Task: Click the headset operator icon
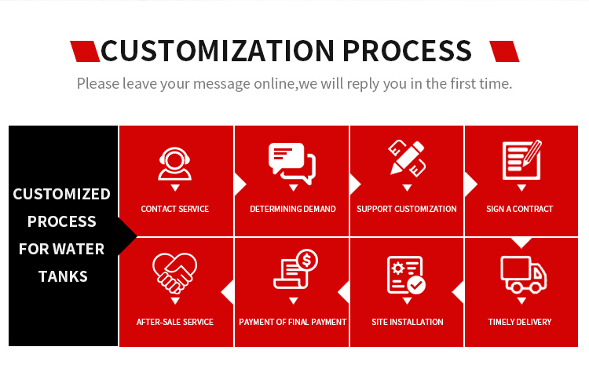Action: (174, 164)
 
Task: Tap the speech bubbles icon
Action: (292, 163)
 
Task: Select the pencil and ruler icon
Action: (407, 158)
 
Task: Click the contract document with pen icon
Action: (521, 160)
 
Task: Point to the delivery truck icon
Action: (523, 275)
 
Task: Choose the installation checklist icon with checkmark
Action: (406, 275)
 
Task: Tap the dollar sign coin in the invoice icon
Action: (307, 260)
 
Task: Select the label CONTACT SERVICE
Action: (174, 209)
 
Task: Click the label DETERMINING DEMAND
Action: (293, 209)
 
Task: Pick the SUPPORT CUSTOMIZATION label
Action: (407, 209)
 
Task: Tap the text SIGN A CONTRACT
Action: (520, 209)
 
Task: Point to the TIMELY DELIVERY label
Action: (520, 322)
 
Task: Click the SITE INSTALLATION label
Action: (407, 322)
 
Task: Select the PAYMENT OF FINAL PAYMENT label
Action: (293, 322)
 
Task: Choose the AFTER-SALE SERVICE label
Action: (174, 322)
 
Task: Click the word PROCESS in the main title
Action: (407, 51)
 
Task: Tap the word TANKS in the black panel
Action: (63, 276)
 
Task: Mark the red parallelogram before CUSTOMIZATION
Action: (85, 51)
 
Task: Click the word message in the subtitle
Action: (221, 84)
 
